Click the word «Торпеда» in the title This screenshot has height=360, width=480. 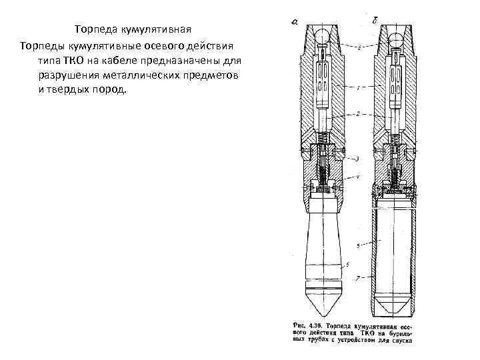95,30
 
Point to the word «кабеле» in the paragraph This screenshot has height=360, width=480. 132,60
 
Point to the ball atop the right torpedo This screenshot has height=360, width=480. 396,37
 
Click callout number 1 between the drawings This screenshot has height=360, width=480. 359,87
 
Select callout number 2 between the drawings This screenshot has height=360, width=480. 359,114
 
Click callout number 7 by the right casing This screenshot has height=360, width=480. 359,276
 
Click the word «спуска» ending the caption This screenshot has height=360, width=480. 402,341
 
